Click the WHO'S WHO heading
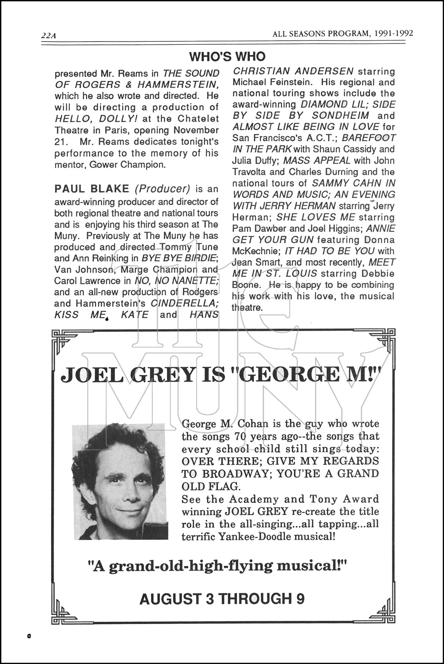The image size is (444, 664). (227, 56)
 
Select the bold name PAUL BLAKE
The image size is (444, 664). (92, 189)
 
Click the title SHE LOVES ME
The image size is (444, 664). (316, 217)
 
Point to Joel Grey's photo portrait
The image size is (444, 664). (119, 481)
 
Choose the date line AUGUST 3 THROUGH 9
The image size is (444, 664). (222, 599)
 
